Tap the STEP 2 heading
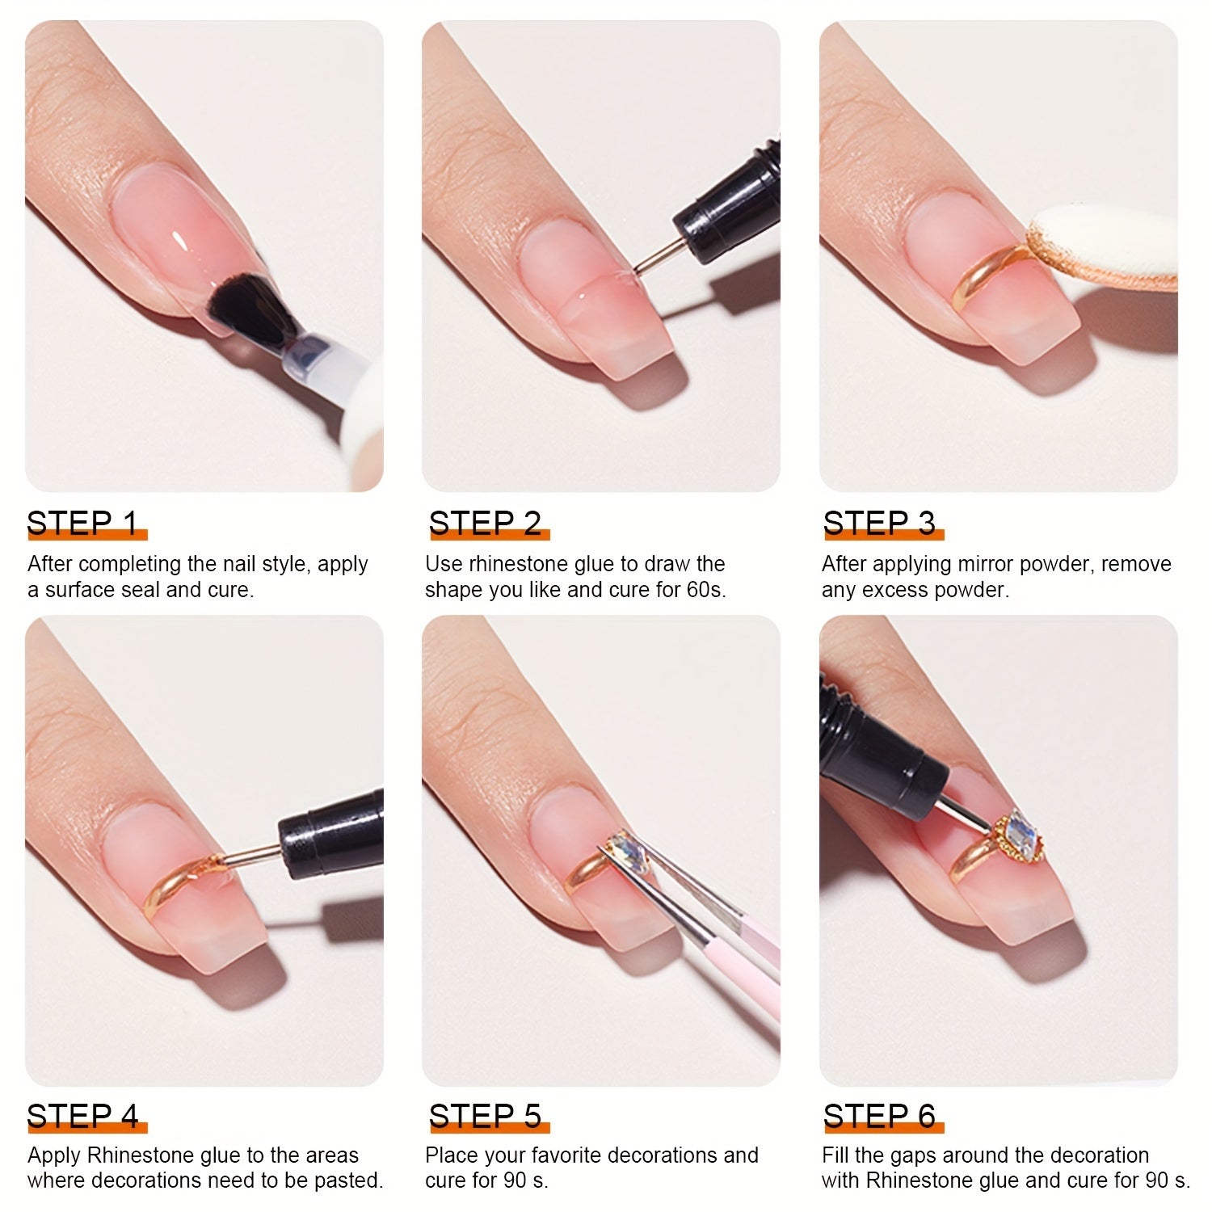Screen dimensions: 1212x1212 [x=485, y=524]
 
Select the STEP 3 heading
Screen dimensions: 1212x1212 [x=879, y=524]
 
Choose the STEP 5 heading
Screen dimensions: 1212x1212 [x=485, y=1116]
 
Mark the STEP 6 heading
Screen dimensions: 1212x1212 [x=879, y=1116]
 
